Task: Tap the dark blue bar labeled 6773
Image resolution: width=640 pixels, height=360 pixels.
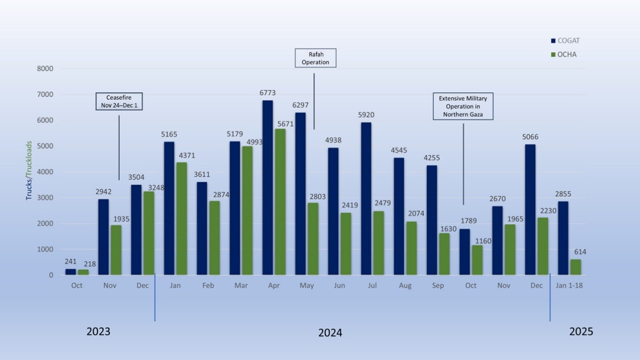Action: click(x=268, y=187)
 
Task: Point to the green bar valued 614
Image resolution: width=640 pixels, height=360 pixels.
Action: click(x=575, y=267)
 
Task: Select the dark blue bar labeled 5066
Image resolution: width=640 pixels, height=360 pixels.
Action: click(x=530, y=210)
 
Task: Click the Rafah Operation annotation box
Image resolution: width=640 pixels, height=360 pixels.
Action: click(x=316, y=58)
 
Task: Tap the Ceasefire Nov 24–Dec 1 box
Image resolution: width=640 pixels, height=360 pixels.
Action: click(x=119, y=102)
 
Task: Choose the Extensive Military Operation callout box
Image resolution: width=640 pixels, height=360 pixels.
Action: click(x=463, y=106)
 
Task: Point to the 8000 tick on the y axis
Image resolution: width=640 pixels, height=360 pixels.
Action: click(x=45, y=69)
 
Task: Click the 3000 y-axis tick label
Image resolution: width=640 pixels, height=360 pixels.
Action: click(x=45, y=198)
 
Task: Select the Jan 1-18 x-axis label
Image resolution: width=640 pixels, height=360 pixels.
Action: click(x=569, y=285)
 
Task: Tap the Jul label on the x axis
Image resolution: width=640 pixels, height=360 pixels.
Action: click(x=372, y=285)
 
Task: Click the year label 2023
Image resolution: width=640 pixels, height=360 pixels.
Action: click(x=98, y=331)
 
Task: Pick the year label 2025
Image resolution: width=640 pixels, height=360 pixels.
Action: click(x=581, y=331)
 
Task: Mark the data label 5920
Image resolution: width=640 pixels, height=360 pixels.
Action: click(x=366, y=115)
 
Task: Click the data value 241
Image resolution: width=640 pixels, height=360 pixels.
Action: click(x=71, y=262)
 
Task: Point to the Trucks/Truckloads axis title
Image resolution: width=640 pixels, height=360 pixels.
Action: click(x=29, y=171)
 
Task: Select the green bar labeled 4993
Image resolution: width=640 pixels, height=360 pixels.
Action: click(x=247, y=211)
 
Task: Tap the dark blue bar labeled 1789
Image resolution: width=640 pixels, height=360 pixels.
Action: click(x=465, y=252)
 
